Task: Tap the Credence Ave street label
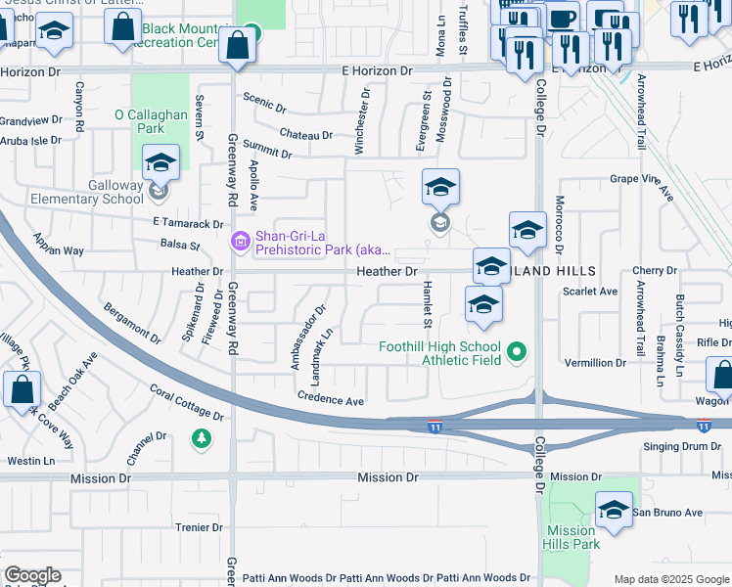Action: pos(331,400)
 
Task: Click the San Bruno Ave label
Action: pos(667,512)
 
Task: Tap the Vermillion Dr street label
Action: pos(595,363)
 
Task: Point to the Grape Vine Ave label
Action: pos(643,185)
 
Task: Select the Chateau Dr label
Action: pos(305,133)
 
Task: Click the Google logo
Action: pos(32,575)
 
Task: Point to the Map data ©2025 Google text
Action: pos(670,579)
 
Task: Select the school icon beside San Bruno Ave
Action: pos(614,512)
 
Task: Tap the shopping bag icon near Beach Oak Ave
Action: pos(23,389)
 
